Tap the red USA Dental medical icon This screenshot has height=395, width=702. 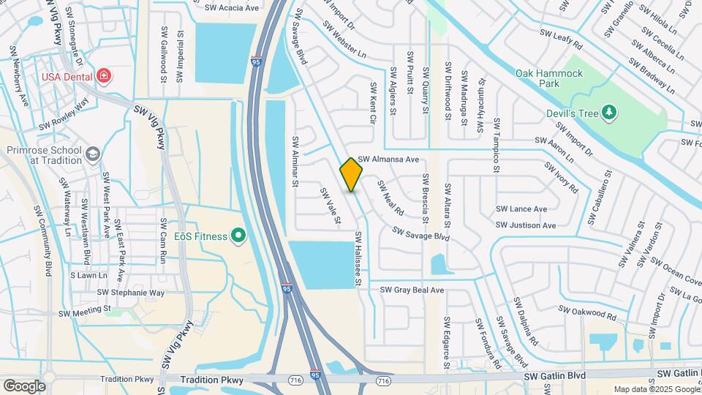tap(104, 76)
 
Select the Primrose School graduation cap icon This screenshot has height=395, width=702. tap(92, 154)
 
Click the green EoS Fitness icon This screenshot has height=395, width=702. tap(238, 236)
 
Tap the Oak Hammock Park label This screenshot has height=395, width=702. tap(549, 74)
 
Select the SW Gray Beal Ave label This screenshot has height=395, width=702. tap(412, 290)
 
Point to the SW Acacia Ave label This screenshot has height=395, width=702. tap(232, 8)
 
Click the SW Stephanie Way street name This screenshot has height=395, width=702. tap(131, 293)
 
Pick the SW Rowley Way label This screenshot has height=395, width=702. tap(64, 114)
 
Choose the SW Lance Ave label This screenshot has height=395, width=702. tap(521, 209)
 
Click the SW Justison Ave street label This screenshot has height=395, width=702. tap(526, 225)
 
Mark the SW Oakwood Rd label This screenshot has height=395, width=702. tap(587, 312)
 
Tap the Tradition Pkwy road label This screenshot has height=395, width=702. tap(128, 379)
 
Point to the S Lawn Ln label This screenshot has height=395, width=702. tap(88, 276)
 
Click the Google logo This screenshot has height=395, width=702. tap(23, 385)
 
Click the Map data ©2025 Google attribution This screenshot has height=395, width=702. tap(655, 389)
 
